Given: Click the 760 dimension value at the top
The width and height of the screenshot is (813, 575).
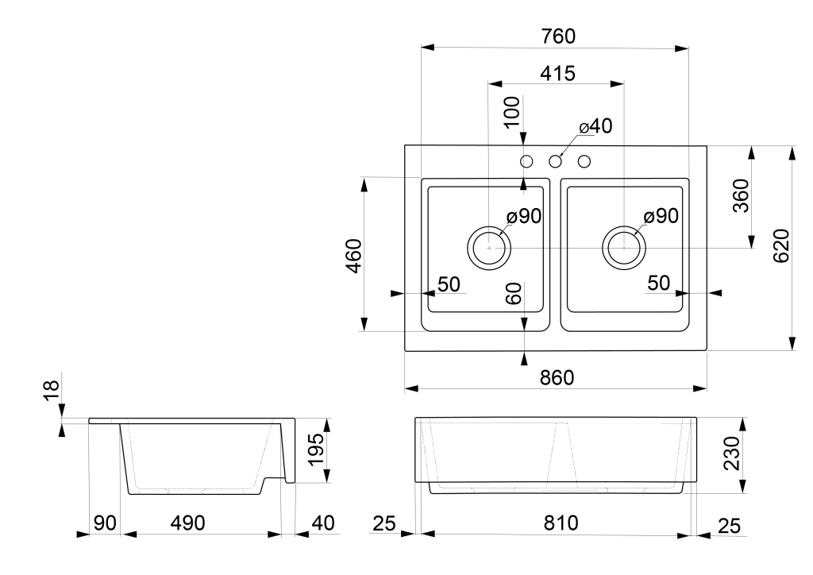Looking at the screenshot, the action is click(x=558, y=37).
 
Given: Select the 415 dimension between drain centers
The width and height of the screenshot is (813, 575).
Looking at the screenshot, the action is click(x=558, y=74).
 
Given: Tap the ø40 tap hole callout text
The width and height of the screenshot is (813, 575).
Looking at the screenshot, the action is click(x=595, y=126).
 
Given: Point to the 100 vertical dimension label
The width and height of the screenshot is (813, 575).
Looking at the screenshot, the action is click(x=512, y=111).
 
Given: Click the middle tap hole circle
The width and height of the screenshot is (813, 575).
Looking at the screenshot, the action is click(x=555, y=162).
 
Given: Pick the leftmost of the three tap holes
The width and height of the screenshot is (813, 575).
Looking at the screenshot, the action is click(x=526, y=162).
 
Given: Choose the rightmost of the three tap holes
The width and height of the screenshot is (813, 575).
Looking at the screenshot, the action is click(x=584, y=162).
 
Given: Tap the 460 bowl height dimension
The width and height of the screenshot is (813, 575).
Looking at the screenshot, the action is click(x=354, y=256).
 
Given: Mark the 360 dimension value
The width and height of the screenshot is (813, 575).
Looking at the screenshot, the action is click(x=742, y=195).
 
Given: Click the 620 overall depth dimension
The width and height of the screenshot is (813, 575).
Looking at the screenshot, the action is click(x=781, y=245).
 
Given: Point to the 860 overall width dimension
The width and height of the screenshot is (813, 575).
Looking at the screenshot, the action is click(x=557, y=378).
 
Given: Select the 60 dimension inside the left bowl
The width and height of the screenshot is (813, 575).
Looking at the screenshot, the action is click(x=514, y=294).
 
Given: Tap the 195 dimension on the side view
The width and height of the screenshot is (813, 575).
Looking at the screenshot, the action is click(x=316, y=450).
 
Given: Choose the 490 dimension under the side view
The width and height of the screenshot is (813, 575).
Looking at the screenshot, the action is click(x=187, y=523).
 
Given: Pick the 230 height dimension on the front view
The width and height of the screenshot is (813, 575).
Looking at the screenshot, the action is click(x=731, y=453).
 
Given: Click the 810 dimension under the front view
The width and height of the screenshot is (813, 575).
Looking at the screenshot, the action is click(x=561, y=523).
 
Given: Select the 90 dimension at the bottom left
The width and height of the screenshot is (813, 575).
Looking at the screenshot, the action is click(x=105, y=523).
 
